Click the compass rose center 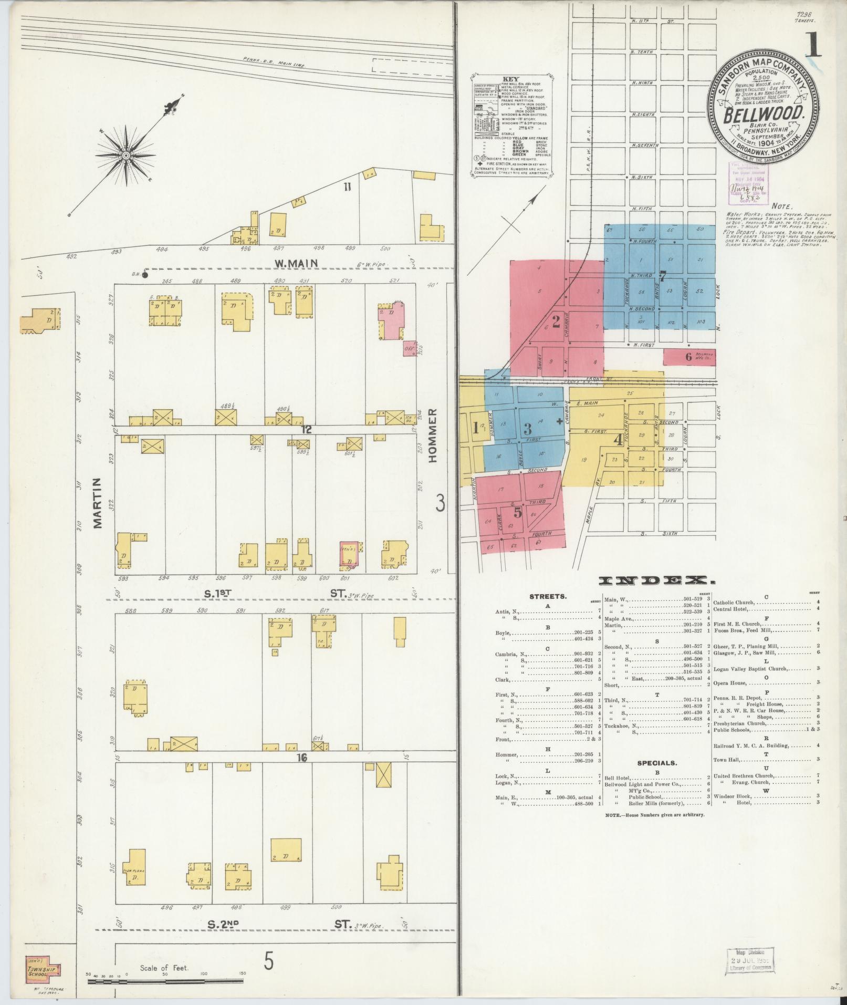[x=127, y=156]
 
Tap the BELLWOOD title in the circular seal [x=766, y=113]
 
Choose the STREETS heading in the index [x=548, y=597]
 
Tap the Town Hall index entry [x=727, y=760]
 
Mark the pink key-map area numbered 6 [x=689, y=356]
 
